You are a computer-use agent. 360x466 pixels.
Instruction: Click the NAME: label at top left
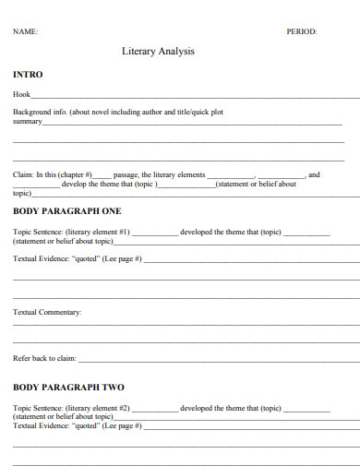pyautogui.click(x=25, y=31)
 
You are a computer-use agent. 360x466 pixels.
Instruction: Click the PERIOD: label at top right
pyautogui.click(x=302, y=31)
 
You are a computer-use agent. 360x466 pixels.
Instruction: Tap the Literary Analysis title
pyautogui.click(x=158, y=52)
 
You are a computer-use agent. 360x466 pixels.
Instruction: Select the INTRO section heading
pyautogui.click(x=28, y=74)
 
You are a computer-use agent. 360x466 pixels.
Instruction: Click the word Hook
pyautogui.click(x=21, y=94)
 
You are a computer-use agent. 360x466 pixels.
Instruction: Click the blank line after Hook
pyautogui.click(x=194, y=96)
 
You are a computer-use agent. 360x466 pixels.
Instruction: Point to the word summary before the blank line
pyautogui.click(x=27, y=121)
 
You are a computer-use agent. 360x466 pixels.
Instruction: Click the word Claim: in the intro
pyautogui.click(x=23, y=173)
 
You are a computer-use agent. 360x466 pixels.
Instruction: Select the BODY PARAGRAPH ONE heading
pyautogui.click(x=67, y=211)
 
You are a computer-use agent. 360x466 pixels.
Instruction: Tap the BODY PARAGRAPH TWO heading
pyautogui.click(x=68, y=387)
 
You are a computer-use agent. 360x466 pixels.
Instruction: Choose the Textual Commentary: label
pyautogui.click(x=48, y=312)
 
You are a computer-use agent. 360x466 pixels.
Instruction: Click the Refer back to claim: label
pyautogui.click(x=44, y=358)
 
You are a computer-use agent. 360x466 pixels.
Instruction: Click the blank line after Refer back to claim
pyautogui.click(x=218, y=360)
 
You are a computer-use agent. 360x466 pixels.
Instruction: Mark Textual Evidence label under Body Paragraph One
pyautogui.click(x=41, y=259)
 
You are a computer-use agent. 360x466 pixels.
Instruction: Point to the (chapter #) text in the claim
pyautogui.click(x=75, y=173)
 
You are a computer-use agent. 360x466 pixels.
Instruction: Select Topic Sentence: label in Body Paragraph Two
pyautogui.click(x=38, y=407)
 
